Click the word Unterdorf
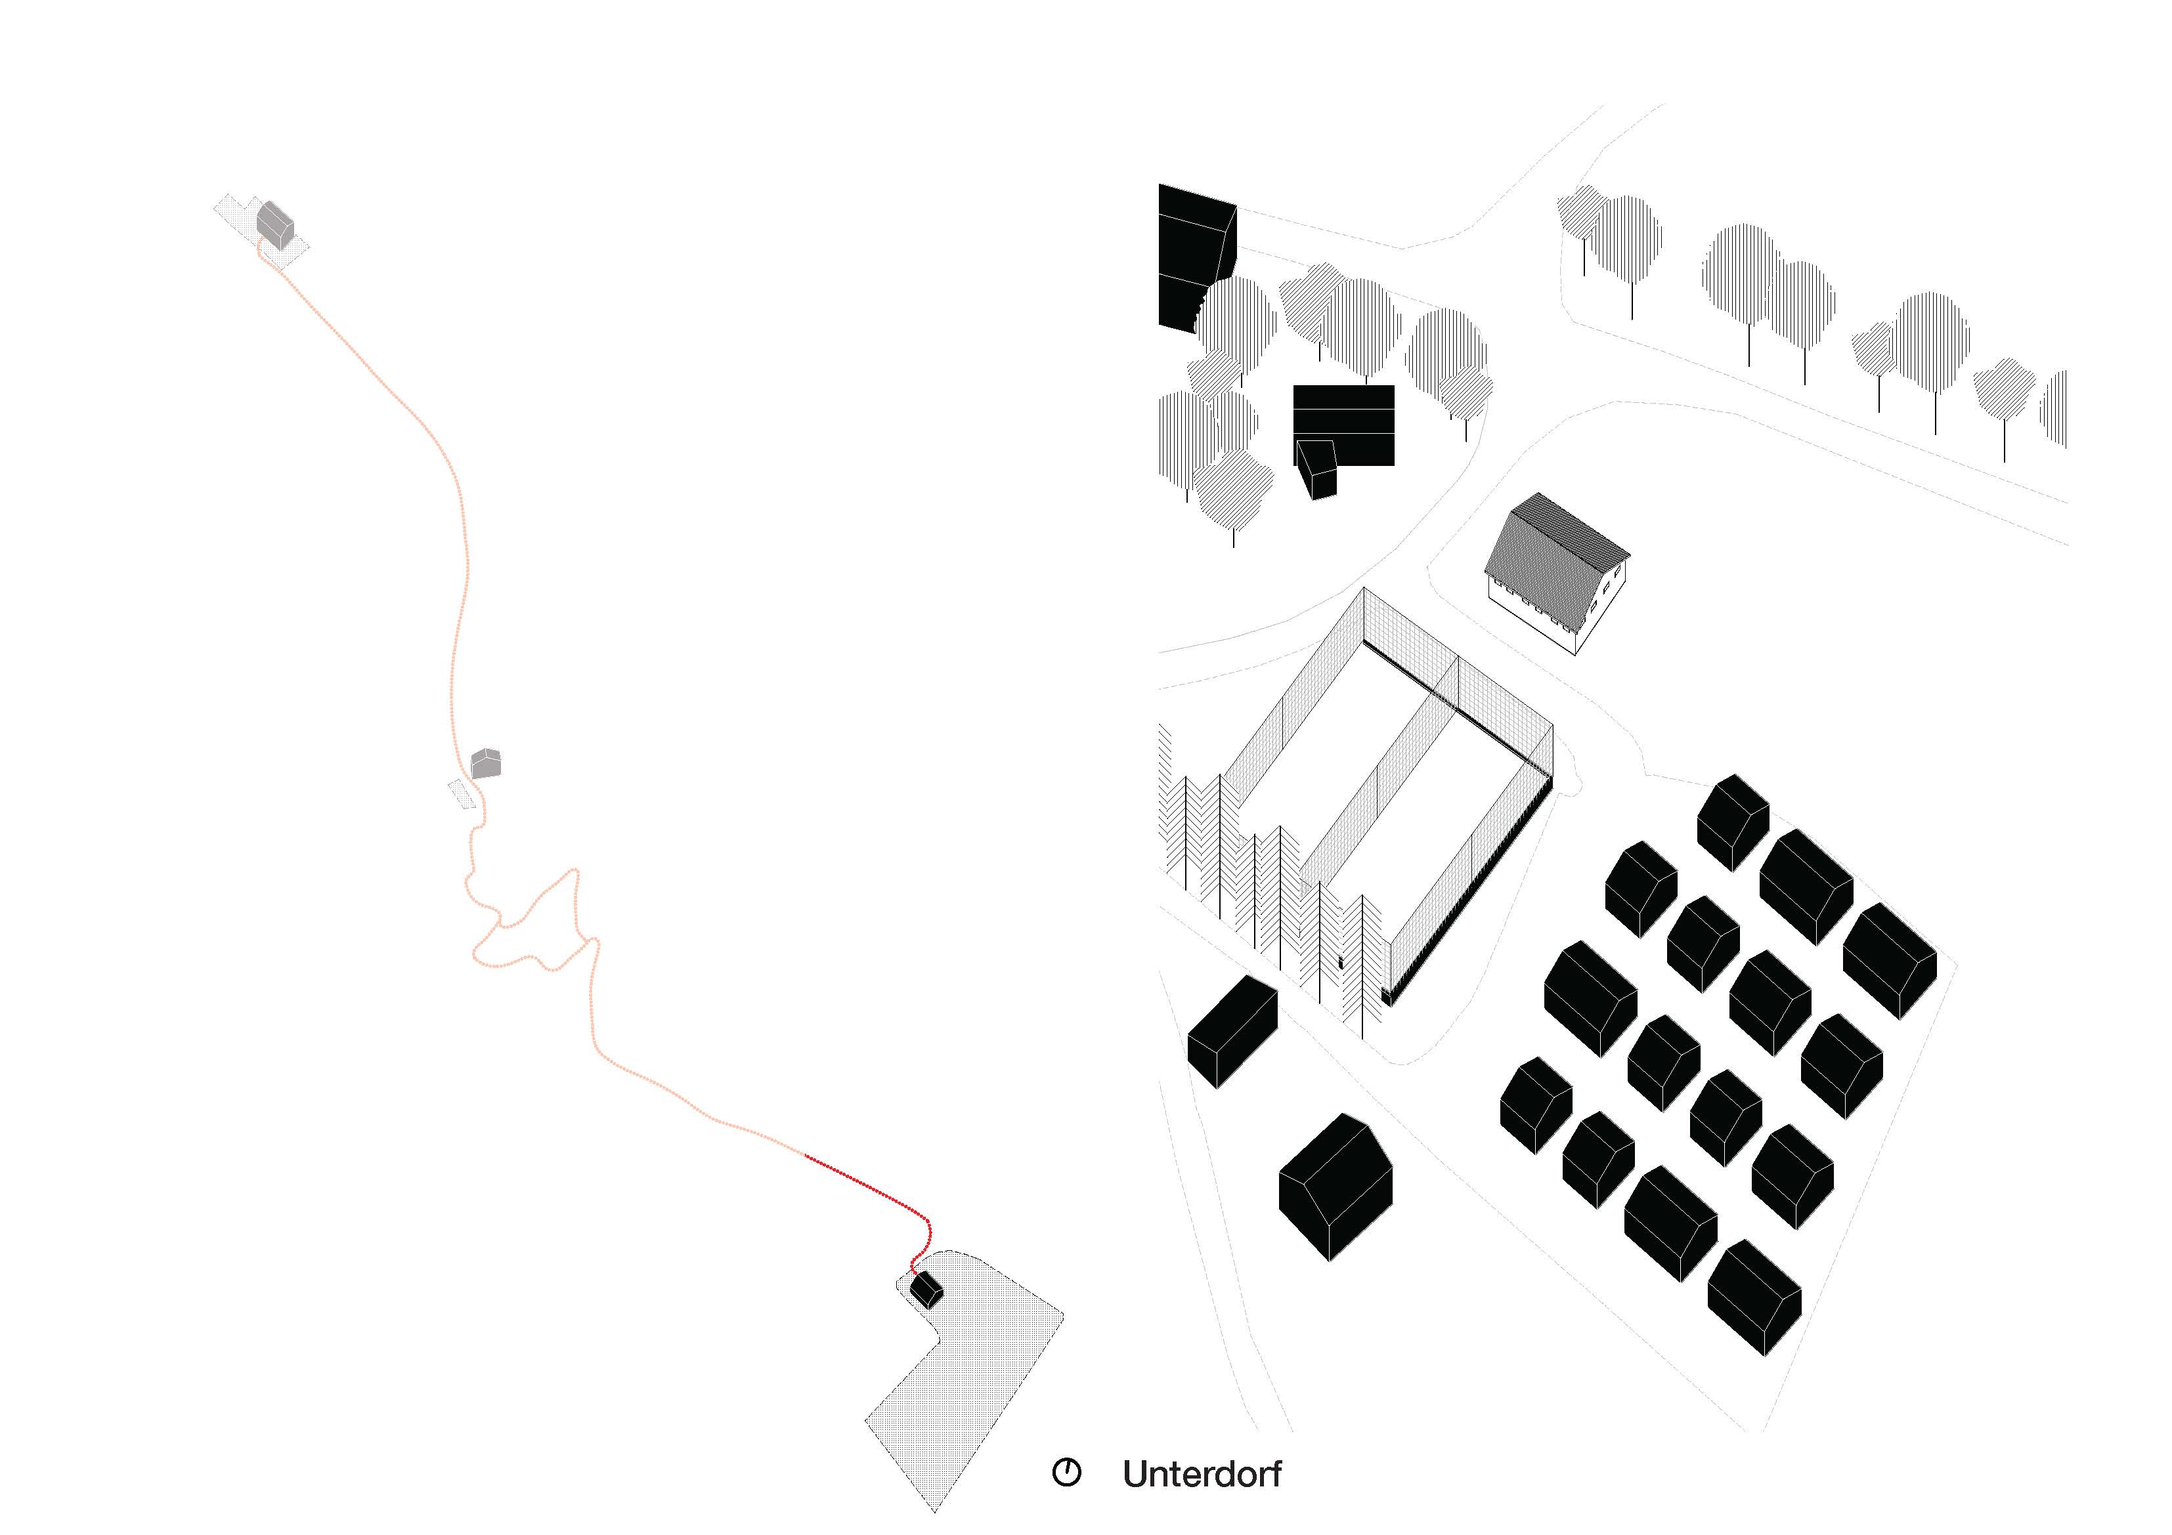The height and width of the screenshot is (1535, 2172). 1202,1475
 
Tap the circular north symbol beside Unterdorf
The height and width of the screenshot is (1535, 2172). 1066,1473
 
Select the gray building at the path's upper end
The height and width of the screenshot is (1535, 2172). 275,224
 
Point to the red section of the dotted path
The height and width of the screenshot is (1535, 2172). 871,1187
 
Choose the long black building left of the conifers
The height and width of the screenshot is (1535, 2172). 1232,1032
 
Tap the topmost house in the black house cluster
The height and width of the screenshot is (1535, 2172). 1732,823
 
